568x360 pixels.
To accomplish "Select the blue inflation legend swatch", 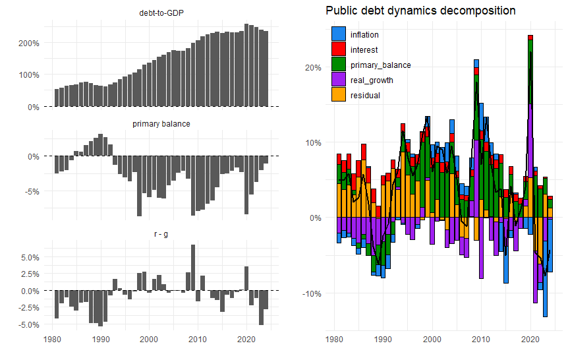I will (x=339, y=34).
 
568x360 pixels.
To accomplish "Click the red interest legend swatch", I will (x=339, y=49).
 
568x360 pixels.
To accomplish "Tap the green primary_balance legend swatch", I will (x=339, y=65).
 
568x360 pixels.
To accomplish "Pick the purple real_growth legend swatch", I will (x=339, y=80).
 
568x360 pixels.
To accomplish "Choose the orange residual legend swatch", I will (x=339, y=95).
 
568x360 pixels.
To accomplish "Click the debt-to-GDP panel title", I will (x=161, y=13).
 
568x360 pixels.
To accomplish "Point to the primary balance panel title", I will (x=161, y=124).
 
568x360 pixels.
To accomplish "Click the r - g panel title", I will (x=161, y=235).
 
